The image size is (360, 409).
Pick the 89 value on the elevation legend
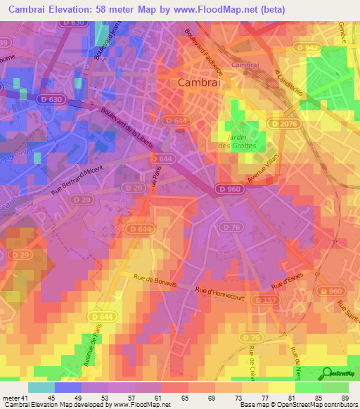[344, 398]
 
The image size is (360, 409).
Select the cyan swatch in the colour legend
[41, 387]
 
